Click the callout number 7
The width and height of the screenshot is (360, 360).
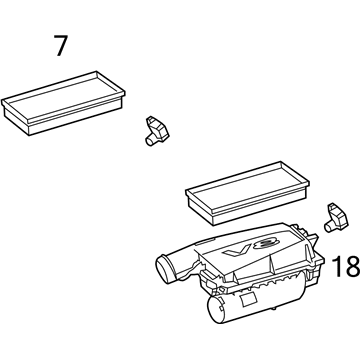tap(61, 46)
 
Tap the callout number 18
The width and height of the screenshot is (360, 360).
tap(346, 266)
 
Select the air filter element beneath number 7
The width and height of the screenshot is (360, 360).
tap(63, 103)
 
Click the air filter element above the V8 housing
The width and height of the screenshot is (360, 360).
tap(247, 193)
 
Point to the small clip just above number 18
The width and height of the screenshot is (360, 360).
tap(337, 218)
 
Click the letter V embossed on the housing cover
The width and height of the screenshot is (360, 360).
tap(237, 250)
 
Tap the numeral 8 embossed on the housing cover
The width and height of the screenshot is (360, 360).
tap(266, 244)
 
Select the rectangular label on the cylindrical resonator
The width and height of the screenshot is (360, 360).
tap(248, 300)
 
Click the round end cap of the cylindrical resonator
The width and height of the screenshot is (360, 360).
tap(217, 309)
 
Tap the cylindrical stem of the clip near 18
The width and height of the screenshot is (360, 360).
tap(330, 228)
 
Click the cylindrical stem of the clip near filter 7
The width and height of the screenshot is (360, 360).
tap(150, 141)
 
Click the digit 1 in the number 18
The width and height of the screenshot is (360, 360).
tap(338, 266)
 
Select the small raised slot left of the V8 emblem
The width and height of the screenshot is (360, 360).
tap(207, 241)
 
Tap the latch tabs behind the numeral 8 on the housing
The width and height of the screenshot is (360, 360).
tap(302, 231)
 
